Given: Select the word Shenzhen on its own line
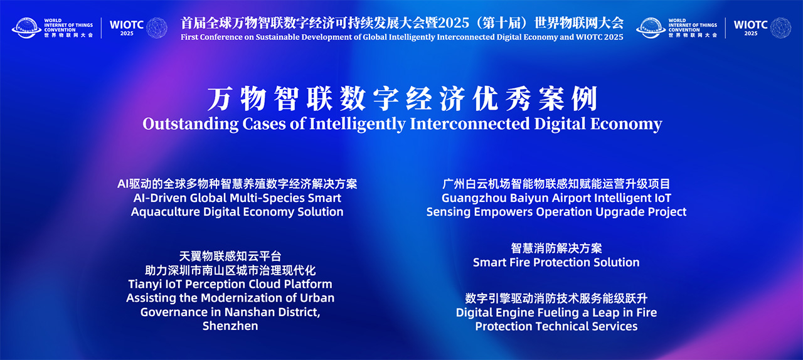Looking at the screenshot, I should (x=230, y=326).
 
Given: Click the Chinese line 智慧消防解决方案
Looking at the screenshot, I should (x=556, y=248).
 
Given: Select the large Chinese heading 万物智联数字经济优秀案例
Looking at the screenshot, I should (x=401, y=99).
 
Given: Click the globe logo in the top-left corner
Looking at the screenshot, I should (x=27, y=28).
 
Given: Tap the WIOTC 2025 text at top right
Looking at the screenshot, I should (x=750, y=27).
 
